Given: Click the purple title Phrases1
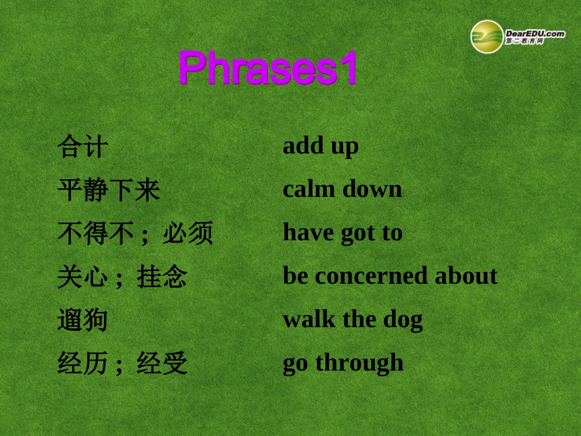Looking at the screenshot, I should click(x=268, y=68).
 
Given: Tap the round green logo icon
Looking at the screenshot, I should click(x=487, y=37).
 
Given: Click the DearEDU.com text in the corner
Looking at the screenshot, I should click(x=535, y=34).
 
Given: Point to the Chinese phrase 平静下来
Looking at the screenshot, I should click(x=109, y=190).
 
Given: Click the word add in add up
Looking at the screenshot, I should click(x=304, y=146).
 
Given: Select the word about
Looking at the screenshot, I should click(x=466, y=276).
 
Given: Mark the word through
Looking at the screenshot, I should click(x=359, y=363).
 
